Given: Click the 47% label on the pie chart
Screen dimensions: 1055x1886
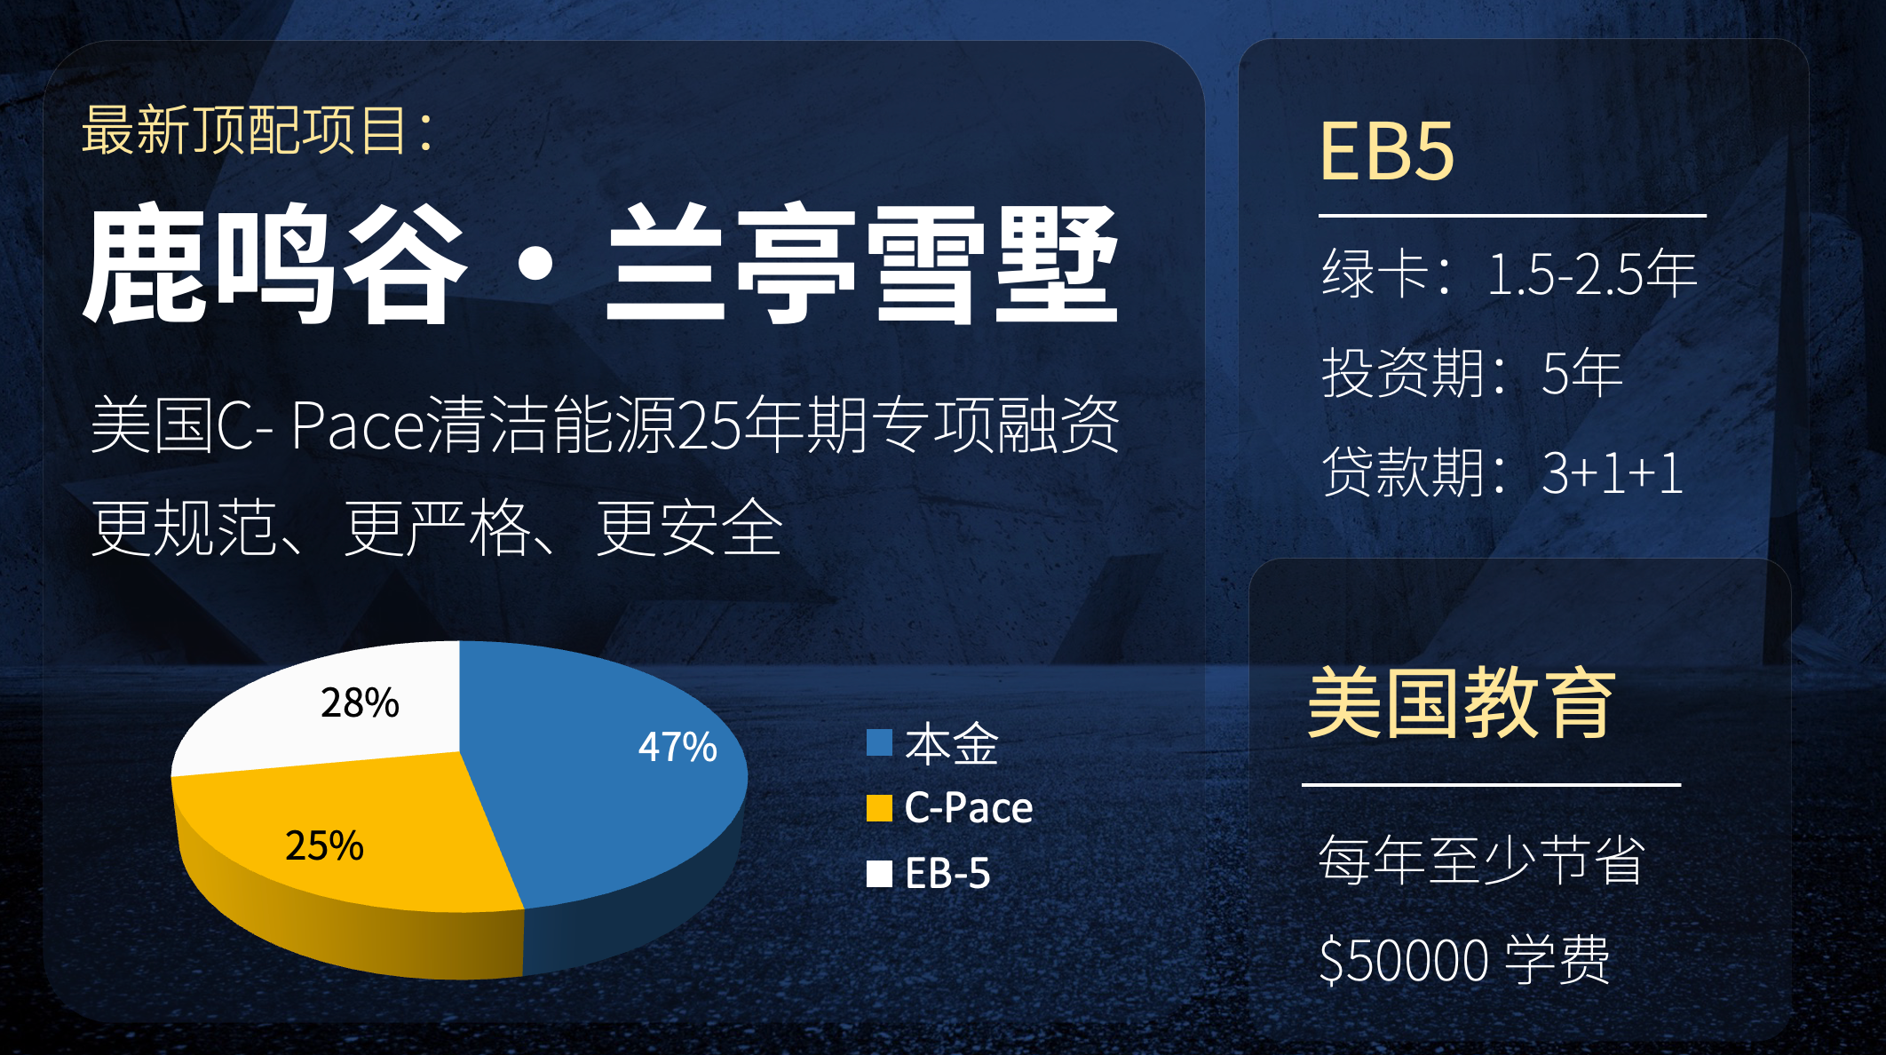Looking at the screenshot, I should [678, 747].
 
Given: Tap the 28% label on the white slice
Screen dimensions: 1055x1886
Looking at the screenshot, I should [360, 702].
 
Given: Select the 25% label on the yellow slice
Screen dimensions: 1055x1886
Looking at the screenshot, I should [324, 845].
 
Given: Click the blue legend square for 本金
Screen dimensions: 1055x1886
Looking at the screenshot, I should [879, 742].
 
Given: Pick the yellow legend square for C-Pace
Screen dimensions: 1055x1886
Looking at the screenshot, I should [879, 808].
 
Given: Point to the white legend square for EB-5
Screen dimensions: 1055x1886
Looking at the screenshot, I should [879, 874].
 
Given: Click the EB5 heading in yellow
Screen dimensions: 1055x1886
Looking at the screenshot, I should [1386, 152].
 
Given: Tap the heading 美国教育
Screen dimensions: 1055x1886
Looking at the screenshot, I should [1462, 703].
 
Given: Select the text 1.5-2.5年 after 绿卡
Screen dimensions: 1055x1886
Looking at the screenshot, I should [1591, 274].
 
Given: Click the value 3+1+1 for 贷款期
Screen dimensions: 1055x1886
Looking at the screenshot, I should [1612, 472].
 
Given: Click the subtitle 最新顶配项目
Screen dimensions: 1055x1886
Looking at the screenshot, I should [257, 131].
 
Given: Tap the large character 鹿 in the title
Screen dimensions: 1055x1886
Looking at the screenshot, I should [147, 263].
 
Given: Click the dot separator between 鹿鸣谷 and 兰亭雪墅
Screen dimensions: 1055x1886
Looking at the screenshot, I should [535, 264].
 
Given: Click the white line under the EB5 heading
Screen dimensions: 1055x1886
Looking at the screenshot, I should [1512, 215].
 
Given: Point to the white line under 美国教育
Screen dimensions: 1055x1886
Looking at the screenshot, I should [1491, 785].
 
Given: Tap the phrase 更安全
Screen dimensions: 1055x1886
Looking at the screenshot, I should [689, 527].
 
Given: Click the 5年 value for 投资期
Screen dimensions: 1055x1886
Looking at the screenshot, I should [1581, 373].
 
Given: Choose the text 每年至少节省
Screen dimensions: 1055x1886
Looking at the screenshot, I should [1481, 860].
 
